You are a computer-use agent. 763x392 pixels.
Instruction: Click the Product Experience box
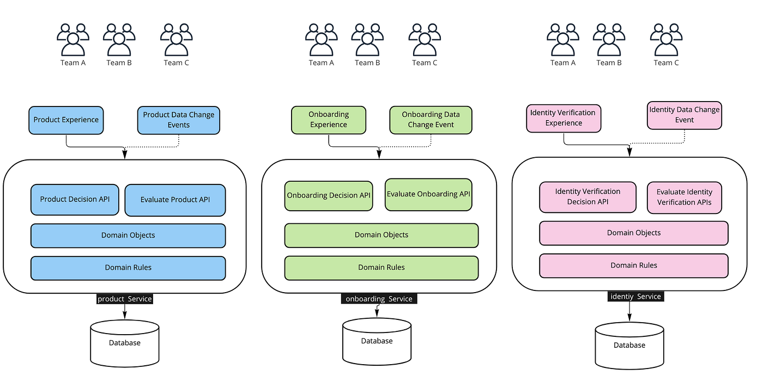pos(66,120)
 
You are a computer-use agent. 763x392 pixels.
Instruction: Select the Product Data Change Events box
pos(178,120)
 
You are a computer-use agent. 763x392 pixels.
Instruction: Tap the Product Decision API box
pos(75,199)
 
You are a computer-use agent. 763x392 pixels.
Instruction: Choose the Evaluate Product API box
pos(175,200)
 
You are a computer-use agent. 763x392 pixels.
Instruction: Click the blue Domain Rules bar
pos(128,268)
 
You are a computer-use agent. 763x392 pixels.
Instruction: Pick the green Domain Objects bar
pos(381,235)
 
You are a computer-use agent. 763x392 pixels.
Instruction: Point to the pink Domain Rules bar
pos(633,265)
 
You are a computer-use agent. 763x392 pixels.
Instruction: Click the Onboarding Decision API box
pos(329,195)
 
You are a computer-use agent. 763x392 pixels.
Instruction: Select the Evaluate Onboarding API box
pos(428,194)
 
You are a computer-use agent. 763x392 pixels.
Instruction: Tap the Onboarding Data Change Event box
pos(431,120)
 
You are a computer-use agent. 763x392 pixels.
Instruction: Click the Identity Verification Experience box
pos(564,118)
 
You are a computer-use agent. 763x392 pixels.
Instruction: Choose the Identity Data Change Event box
pos(684,115)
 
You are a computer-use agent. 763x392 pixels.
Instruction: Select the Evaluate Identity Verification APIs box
pos(684,197)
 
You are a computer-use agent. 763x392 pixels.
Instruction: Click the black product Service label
pos(124,299)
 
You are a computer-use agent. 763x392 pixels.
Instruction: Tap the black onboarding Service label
pos(379,299)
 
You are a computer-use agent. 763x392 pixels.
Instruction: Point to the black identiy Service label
pos(635,296)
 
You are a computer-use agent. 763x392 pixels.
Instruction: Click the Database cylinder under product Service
pos(125,343)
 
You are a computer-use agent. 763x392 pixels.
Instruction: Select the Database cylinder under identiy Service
pos(629,345)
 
